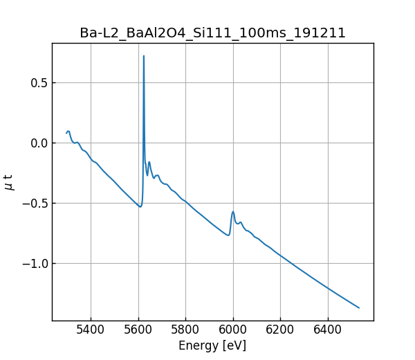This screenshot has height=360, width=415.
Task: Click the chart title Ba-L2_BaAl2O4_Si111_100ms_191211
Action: [x=212, y=33]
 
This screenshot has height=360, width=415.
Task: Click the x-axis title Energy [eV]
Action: [x=212, y=345]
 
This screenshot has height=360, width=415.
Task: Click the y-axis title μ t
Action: [x=9, y=182]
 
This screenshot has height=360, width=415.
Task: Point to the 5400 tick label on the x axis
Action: [x=91, y=330]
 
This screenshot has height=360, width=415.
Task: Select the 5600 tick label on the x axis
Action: [x=138, y=330]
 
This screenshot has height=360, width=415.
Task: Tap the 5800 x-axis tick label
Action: [x=186, y=330]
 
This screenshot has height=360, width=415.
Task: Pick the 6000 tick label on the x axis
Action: [x=233, y=330]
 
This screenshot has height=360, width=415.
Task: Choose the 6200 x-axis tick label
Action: [x=280, y=330]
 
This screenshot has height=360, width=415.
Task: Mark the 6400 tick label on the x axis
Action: [x=328, y=330]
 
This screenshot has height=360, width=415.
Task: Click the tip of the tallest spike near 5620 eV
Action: [x=144, y=56]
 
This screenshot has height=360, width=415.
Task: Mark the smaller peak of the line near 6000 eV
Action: [x=233, y=212]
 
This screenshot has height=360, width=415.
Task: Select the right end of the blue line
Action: [x=359, y=307]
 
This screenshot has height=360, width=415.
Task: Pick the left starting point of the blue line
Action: [x=66, y=133]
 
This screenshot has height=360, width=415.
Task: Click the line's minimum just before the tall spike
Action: [x=140, y=206]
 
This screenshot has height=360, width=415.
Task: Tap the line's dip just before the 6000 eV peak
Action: [x=228, y=235]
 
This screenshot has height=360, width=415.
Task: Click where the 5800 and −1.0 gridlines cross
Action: [x=186, y=263]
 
